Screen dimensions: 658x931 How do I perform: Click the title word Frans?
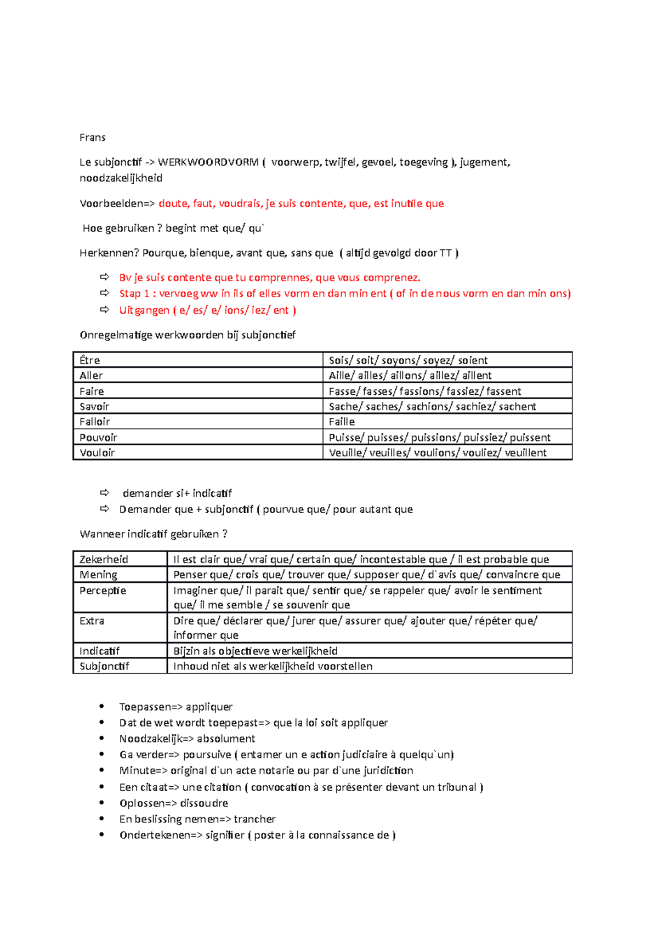point(92,138)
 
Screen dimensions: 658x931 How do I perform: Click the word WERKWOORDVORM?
point(208,162)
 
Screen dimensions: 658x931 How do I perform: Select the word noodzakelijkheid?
point(121,178)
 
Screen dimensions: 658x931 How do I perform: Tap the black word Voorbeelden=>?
point(117,204)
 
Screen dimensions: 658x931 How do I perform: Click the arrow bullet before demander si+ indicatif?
point(105,493)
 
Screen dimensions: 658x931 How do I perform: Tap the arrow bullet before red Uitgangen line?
point(105,310)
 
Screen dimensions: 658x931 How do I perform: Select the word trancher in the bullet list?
point(254,819)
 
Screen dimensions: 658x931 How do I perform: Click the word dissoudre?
point(204,803)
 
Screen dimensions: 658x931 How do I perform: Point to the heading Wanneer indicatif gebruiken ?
point(153,534)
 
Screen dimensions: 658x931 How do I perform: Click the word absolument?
point(226,739)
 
